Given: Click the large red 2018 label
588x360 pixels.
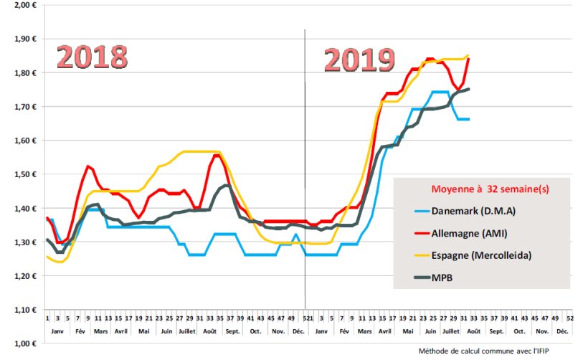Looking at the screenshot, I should tap(92, 57).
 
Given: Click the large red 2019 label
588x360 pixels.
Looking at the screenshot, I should tap(359, 60).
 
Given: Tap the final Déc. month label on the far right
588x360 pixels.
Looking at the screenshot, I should tap(562, 331).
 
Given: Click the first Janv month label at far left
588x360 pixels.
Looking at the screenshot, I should tap(57, 331).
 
